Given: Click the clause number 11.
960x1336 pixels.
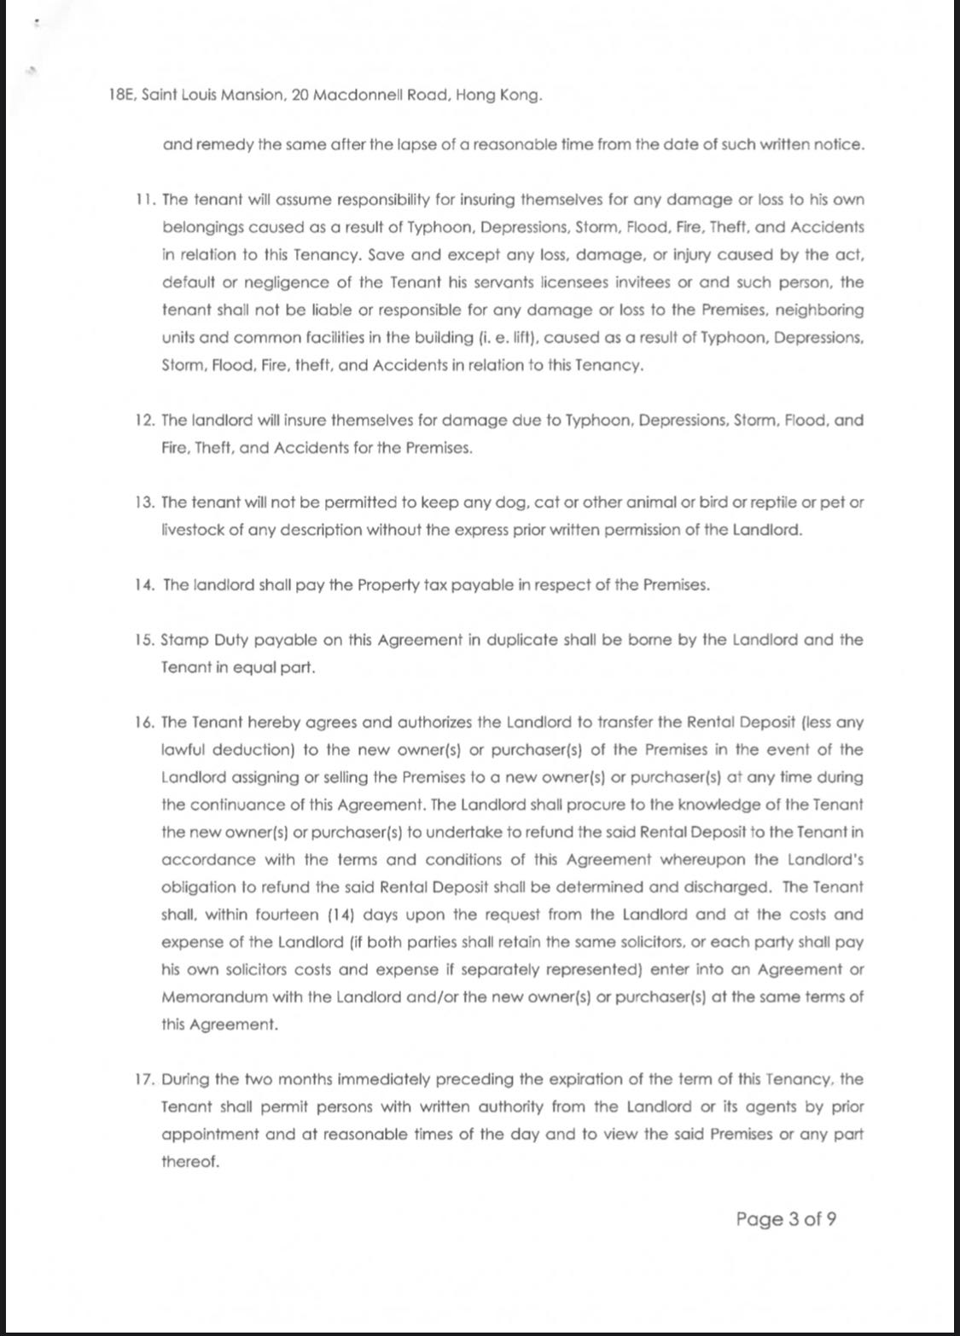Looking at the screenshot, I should pos(144,200).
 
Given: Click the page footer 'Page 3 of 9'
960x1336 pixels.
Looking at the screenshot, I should pos(786,1218).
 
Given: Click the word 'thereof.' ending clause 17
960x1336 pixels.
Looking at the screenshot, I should pos(190,1162).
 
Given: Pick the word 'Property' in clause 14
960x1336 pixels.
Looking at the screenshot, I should pos(390,585).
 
